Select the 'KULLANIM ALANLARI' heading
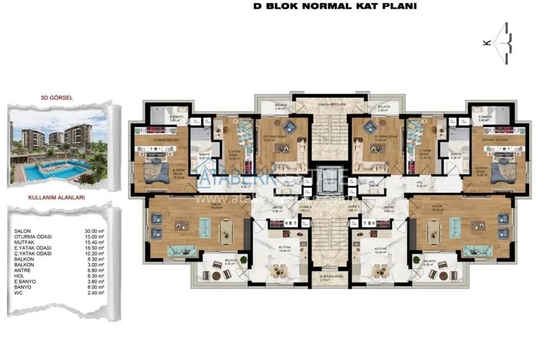[x=57, y=198]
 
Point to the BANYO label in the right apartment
[x=456, y=154]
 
